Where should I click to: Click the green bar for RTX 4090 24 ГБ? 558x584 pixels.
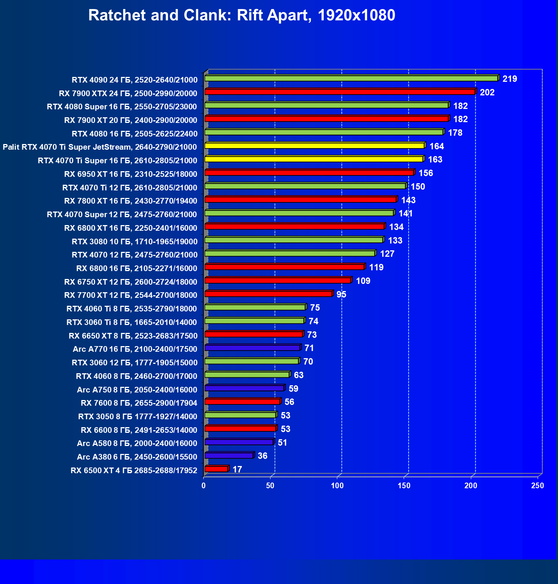click(x=351, y=78)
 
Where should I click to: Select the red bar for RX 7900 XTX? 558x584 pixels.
click(x=340, y=92)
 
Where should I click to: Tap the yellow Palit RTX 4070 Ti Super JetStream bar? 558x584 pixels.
click(x=314, y=146)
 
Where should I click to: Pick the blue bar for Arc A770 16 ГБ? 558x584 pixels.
click(x=252, y=348)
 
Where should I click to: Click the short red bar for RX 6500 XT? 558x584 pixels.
click(x=216, y=469)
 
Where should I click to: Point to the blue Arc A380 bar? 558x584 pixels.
click(x=229, y=455)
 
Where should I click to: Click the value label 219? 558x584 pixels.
click(x=510, y=79)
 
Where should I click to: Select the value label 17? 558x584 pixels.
click(x=237, y=469)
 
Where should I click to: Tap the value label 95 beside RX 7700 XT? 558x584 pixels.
click(x=341, y=294)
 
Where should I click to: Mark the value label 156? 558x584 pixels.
click(x=426, y=173)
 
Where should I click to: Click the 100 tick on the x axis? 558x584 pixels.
click(x=337, y=486)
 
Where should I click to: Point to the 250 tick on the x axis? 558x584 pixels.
click(x=538, y=486)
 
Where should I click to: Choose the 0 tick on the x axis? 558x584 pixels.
click(x=204, y=486)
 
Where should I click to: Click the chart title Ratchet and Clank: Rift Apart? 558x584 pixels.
click(x=241, y=15)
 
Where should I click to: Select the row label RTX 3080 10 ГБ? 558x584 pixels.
click(x=135, y=241)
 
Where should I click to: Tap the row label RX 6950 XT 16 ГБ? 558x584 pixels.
click(x=131, y=174)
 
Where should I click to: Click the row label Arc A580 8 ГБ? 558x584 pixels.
click(x=137, y=443)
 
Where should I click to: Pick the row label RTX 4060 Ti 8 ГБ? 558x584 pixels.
click(x=132, y=309)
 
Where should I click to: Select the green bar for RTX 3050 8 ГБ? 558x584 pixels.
click(x=240, y=415)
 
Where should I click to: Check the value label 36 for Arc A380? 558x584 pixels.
click(x=263, y=456)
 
